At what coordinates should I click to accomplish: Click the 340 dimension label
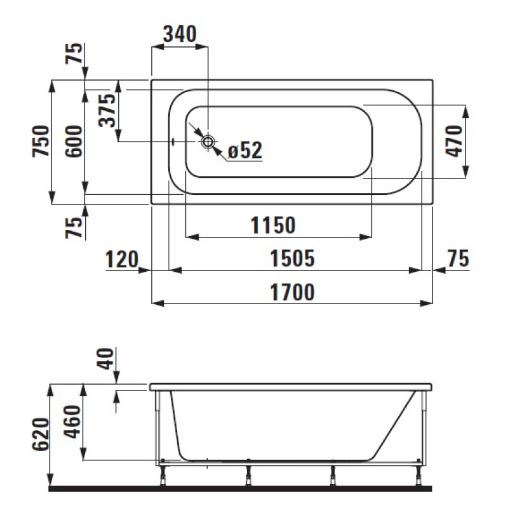[180, 33]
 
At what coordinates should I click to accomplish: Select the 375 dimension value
[109, 110]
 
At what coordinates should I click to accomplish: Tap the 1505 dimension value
[293, 258]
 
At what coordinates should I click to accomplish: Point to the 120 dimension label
[121, 258]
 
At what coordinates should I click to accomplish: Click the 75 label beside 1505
[458, 258]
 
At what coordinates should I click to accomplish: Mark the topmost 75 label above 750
[75, 55]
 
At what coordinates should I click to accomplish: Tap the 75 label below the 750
[75, 227]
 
